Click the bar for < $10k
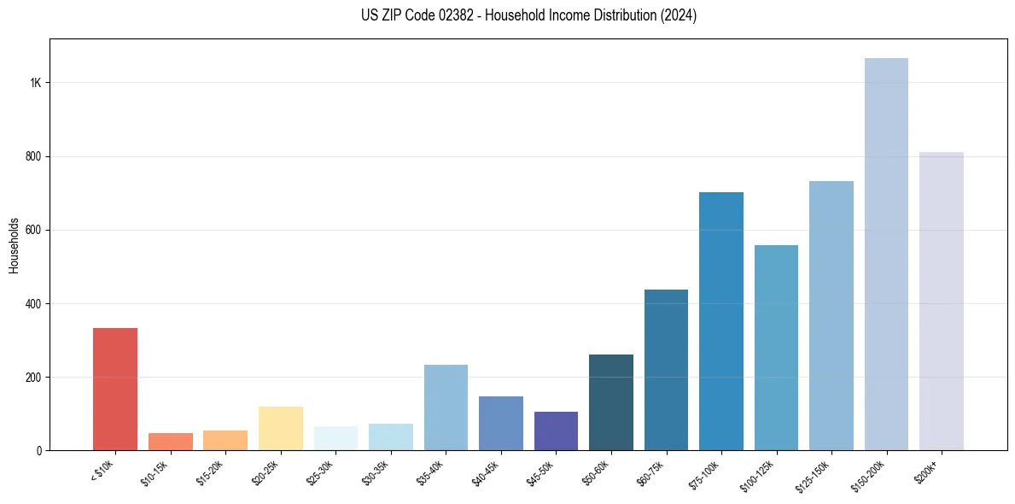pyautogui.click(x=115, y=390)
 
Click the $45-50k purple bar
pyautogui.click(x=556, y=431)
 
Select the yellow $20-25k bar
pyautogui.click(x=281, y=429)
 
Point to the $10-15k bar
pyautogui.click(x=171, y=442)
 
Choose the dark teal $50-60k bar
pyautogui.click(x=611, y=402)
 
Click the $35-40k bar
pyautogui.click(x=446, y=407)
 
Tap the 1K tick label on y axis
pyautogui.click(x=36, y=83)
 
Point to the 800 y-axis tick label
pyautogui.click(x=33, y=157)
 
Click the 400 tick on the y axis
pyautogui.click(x=33, y=304)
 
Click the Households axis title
pyautogui.click(x=14, y=244)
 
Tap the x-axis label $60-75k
pyautogui.click(x=650, y=472)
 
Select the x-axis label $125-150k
pyautogui.click(x=813, y=475)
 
